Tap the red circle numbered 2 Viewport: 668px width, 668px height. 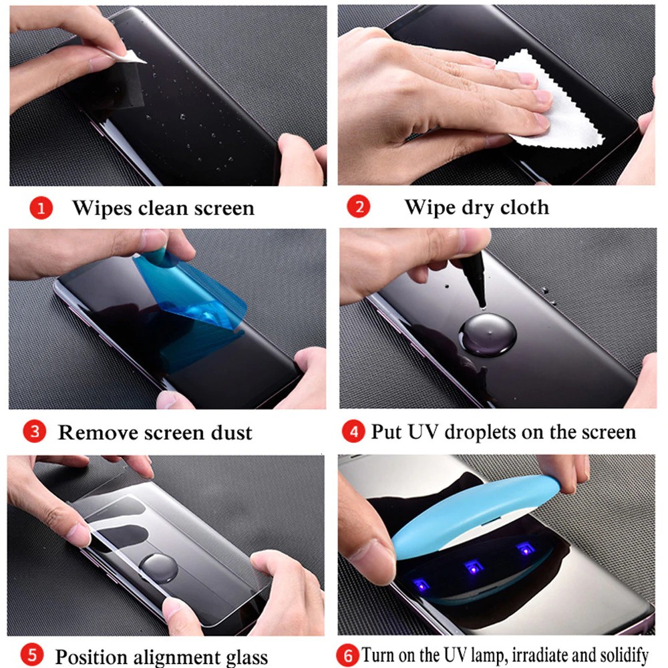(359, 207)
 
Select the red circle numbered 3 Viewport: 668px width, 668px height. (36, 432)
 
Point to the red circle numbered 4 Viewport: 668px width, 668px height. (353, 431)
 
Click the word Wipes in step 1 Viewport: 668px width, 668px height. (102, 208)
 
